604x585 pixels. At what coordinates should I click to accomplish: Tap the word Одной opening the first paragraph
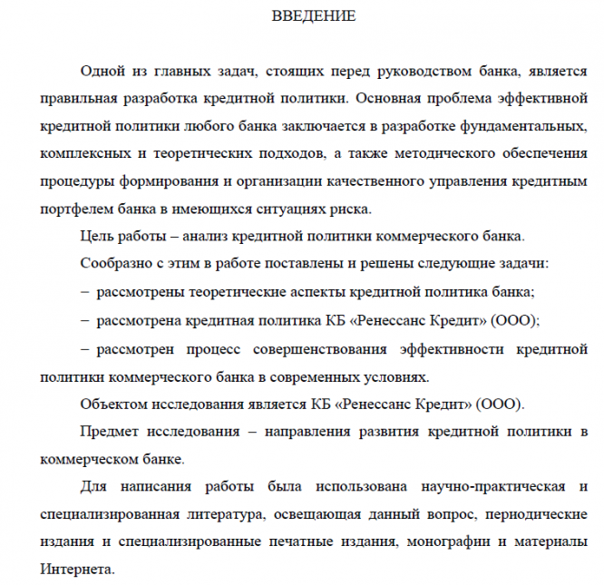tap(101, 70)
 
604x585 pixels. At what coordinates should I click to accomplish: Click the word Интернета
tap(76, 570)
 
